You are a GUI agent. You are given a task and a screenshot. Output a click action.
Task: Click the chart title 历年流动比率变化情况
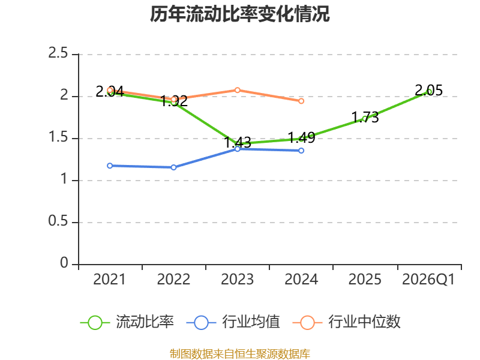[x=239, y=14]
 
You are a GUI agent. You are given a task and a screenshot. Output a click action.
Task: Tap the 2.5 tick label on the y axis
[x=58, y=53]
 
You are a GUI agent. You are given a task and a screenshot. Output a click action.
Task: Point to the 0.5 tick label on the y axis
[x=58, y=221]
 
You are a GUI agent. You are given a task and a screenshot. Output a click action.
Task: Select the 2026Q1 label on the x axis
[x=428, y=280]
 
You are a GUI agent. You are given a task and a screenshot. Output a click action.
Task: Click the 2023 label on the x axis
[x=237, y=280]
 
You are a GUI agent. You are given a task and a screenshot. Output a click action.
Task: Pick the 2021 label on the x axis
[x=109, y=280]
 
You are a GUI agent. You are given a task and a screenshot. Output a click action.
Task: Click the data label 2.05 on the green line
[x=428, y=91]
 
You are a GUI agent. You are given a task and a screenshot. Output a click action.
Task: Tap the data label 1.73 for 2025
[x=365, y=117]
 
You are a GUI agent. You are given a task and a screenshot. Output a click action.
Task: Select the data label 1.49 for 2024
[x=301, y=137]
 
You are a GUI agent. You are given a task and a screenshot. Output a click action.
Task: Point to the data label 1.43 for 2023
[x=238, y=142]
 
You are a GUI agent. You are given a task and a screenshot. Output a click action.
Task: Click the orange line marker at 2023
[x=237, y=90]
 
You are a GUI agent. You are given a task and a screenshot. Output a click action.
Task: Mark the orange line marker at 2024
[x=301, y=101]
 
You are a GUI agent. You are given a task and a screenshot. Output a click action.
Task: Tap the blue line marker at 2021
[x=110, y=166]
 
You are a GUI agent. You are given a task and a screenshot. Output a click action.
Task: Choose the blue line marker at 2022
[x=173, y=167]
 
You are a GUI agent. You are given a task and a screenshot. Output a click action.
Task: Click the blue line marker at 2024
[x=301, y=151]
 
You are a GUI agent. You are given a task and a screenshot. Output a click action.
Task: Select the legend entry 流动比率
[x=127, y=322]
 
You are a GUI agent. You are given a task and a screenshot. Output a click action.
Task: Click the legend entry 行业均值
[x=233, y=322]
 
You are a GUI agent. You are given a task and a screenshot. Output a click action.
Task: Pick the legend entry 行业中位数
[x=347, y=322]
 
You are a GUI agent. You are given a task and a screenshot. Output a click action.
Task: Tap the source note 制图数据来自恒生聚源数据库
[x=239, y=354]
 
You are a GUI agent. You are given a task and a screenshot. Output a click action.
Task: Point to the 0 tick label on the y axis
[x=64, y=263]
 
